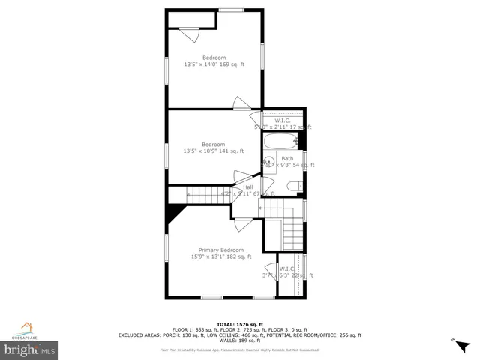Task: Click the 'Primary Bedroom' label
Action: click(220, 250)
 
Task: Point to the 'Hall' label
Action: click(247, 187)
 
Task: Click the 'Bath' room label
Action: click(287, 158)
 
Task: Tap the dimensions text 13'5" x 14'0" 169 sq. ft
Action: click(214, 64)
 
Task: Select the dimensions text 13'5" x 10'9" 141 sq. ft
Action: click(214, 151)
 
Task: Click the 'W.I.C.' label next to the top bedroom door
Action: click(283, 121)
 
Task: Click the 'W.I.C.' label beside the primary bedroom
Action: click(287, 268)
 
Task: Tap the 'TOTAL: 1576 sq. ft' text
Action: click(239, 323)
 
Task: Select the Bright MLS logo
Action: click(30, 349)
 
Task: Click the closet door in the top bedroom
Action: click(190, 34)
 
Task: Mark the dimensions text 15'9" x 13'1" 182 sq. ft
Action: click(220, 256)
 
